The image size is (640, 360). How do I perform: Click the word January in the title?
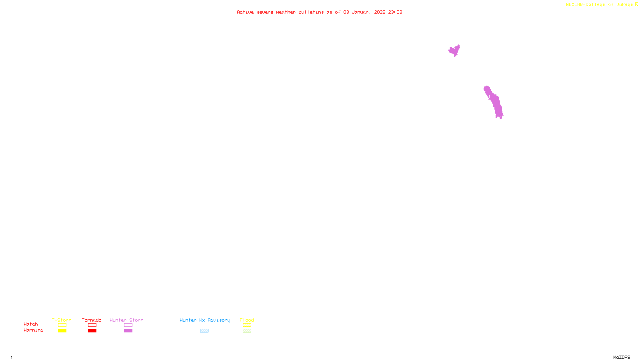point(361,12)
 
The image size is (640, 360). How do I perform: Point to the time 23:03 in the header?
point(395,12)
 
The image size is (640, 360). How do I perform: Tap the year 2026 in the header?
point(380,12)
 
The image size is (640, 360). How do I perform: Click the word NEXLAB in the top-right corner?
point(574,5)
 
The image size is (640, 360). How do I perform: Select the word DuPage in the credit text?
point(624,5)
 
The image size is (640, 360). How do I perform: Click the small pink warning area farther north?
point(454,50)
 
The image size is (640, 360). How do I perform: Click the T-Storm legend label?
point(62,320)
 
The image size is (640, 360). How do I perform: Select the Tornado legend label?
point(92,320)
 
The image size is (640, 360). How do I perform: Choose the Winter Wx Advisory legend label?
point(205,320)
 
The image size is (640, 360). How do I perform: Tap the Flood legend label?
point(247,320)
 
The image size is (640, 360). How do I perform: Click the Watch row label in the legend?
point(31,324)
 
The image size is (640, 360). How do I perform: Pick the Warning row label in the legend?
point(33,330)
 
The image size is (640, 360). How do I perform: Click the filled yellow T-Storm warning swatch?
point(62,331)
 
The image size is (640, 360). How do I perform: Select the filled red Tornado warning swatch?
point(92,331)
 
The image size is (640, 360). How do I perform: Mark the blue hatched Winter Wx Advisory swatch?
point(204,331)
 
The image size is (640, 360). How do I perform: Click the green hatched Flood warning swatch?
point(247,331)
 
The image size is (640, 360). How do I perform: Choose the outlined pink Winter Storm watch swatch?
point(128,325)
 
